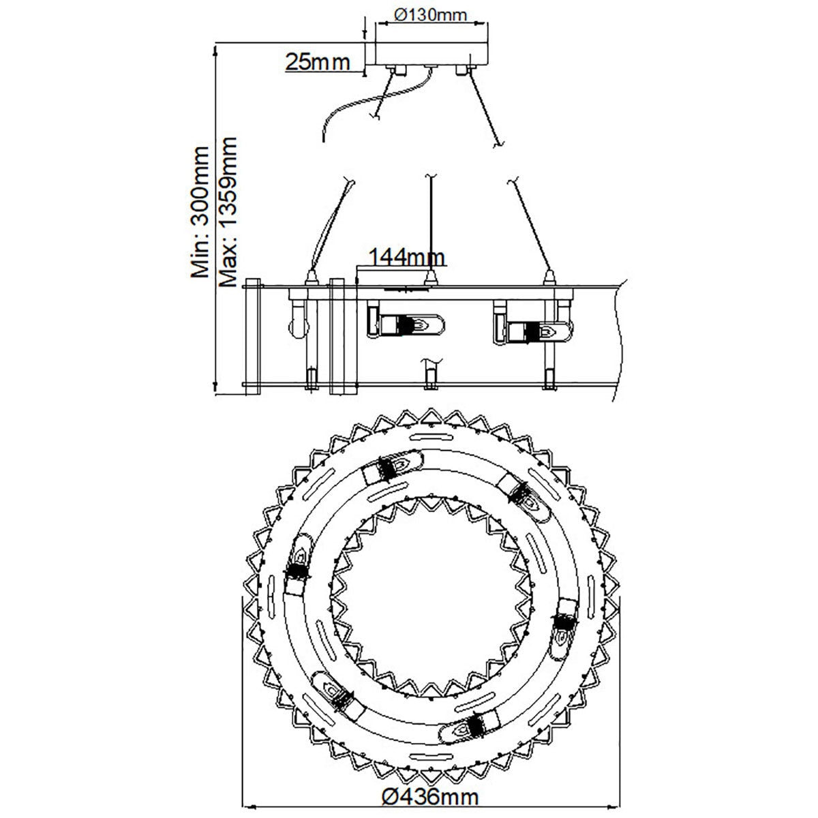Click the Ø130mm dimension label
coord(430,15)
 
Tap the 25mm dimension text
coord(318,62)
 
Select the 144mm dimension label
coord(407,257)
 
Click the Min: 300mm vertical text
coord(200,212)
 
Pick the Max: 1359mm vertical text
coord(228,212)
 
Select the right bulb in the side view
coord(533,331)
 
